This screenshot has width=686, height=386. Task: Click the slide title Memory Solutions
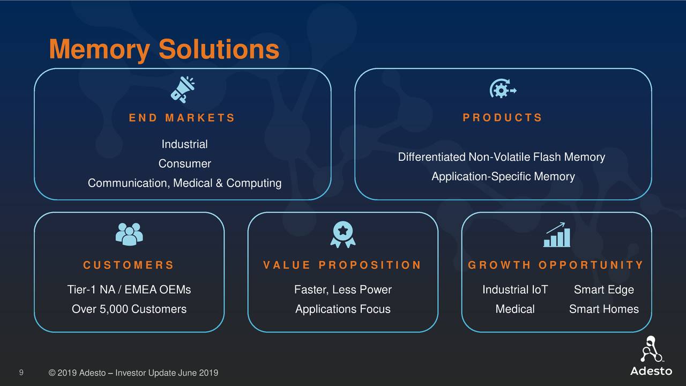163,50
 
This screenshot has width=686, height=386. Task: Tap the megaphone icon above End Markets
182,89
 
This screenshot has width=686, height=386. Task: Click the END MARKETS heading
182,118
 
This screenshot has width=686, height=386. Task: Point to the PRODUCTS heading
502,118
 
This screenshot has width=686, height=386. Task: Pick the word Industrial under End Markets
184,144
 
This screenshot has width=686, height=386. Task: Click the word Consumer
184,164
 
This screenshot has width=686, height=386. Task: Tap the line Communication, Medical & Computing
184,183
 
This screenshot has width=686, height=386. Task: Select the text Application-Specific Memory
503,177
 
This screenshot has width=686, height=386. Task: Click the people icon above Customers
129,234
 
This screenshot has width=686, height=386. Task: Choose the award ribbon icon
342,235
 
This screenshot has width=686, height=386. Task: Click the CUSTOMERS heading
129,265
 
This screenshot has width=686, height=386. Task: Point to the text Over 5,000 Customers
129,309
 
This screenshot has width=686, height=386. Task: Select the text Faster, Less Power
342,290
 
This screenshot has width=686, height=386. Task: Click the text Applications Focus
342,309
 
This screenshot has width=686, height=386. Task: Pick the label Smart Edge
603,290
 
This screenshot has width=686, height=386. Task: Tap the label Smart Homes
603,309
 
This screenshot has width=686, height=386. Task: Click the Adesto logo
651,356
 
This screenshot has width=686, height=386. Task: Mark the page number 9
21,373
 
